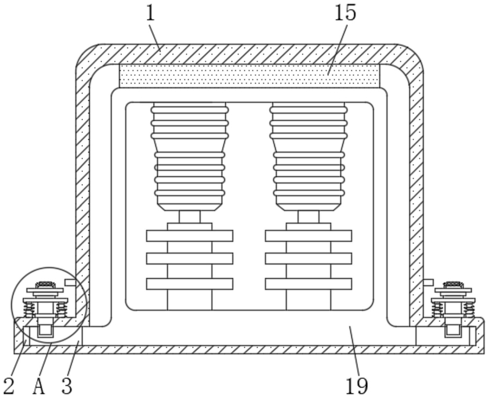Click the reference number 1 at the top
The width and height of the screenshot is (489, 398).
(150, 13)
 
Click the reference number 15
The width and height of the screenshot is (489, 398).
(345, 13)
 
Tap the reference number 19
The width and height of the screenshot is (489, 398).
(357, 386)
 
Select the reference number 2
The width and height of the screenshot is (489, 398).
(9, 386)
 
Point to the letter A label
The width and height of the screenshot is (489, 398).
(39, 386)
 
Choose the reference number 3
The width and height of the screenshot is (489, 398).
(67, 386)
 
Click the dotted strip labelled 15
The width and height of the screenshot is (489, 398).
(249, 76)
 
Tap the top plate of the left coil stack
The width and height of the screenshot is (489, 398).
(190, 236)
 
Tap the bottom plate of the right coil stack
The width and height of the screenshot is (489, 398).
(309, 284)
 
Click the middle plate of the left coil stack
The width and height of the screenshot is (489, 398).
(190, 259)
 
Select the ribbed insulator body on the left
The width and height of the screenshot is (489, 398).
(190, 157)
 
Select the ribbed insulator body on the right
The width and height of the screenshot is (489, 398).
(309, 157)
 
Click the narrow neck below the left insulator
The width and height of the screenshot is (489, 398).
(190, 217)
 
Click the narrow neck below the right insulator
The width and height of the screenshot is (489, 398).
(309, 217)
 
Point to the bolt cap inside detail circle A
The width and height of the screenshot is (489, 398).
(45, 285)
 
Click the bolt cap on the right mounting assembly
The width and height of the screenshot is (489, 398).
(454, 285)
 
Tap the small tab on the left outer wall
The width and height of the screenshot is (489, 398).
(70, 283)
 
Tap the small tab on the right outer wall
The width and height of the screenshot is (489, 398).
(429, 283)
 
